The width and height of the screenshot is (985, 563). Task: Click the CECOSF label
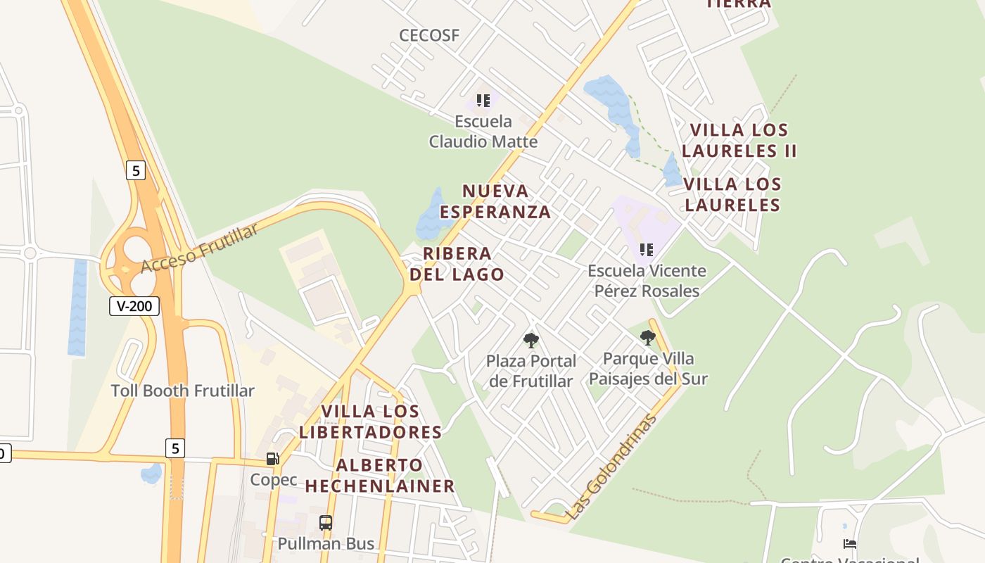tap(429, 35)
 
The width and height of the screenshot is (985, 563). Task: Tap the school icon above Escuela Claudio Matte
tap(483, 101)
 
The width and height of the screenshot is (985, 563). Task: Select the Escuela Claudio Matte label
tap(483, 132)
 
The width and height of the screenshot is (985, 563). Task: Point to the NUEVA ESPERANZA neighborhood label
tap(495, 201)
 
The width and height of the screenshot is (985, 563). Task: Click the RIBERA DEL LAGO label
tap(457, 264)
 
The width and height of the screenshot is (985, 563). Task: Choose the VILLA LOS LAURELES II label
tap(739, 140)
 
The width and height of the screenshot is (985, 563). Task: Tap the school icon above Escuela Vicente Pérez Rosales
tap(647, 249)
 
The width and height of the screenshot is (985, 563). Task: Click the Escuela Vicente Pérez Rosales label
tap(647, 281)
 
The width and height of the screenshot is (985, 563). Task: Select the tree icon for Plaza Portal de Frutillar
tap(531, 341)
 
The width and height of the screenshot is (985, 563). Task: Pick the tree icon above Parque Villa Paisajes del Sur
tap(648, 338)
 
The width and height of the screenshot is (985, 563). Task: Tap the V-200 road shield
tap(134, 306)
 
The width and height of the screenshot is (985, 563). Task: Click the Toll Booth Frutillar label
tap(183, 391)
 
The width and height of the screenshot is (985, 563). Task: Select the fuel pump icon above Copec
tap(272, 459)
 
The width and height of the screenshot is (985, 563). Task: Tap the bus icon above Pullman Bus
tap(325, 522)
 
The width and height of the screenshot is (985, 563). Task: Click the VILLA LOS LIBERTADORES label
tap(370, 422)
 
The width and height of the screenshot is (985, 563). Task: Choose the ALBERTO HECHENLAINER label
tap(380, 476)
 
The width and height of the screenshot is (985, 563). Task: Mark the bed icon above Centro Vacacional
tap(850, 544)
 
